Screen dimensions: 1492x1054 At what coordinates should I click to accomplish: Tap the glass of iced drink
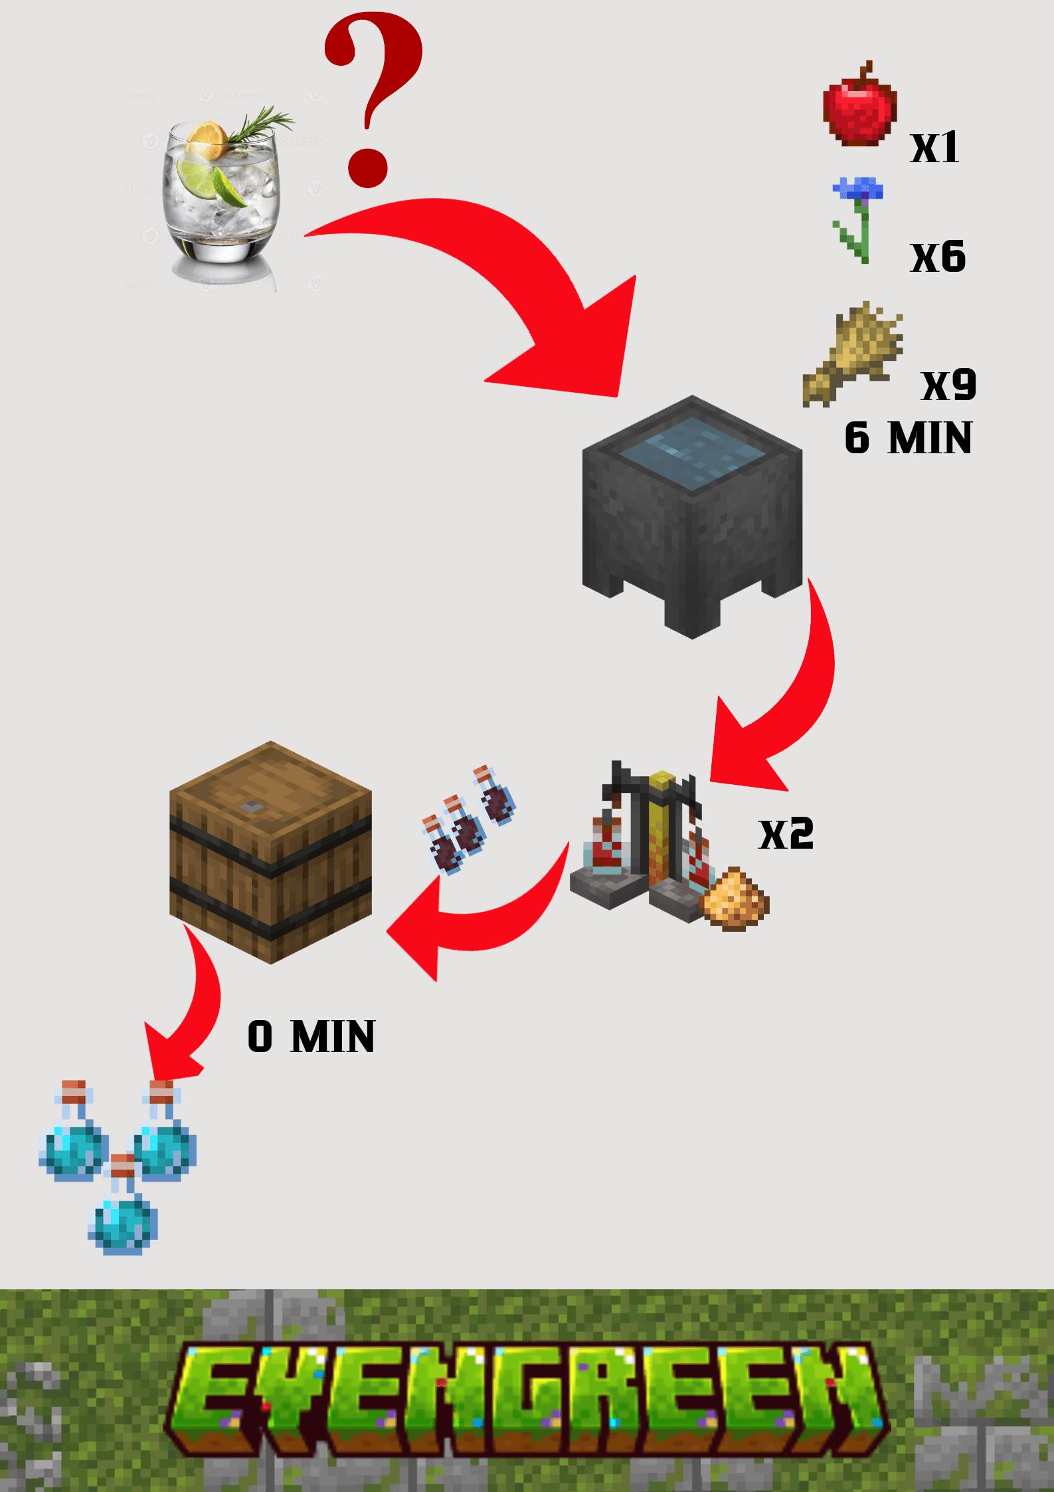(x=220, y=196)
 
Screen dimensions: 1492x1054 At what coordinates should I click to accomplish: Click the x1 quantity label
(x=934, y=148)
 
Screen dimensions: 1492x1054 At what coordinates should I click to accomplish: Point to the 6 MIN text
(x=908, y=438)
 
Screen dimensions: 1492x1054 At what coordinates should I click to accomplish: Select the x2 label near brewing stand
(x=786, y=834)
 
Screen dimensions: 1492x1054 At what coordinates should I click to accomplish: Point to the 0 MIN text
(x=311, y=1037)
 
